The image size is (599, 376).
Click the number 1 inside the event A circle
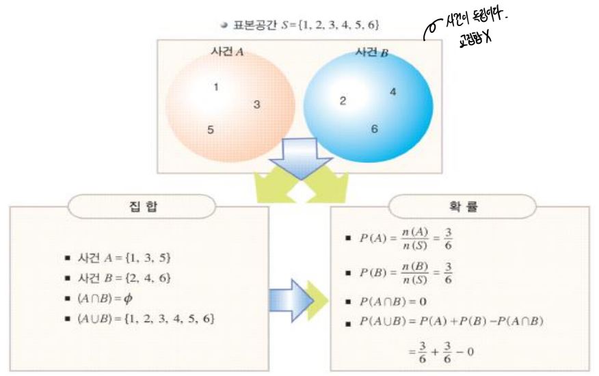215,87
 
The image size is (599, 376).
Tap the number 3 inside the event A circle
256,105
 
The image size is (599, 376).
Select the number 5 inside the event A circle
211,129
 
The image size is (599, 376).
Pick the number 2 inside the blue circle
343,101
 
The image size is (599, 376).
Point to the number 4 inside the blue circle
392,91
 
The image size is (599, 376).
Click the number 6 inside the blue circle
374,129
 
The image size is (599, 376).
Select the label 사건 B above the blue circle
372,53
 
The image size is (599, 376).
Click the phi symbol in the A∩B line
139,298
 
